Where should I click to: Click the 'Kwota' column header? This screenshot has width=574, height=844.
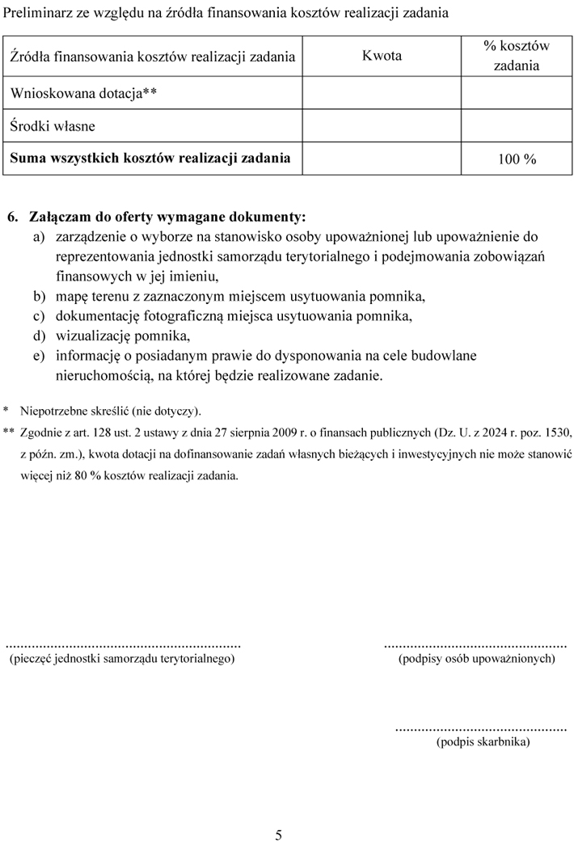(x=382, y=57)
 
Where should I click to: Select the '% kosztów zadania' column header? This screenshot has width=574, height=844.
(x=516, y=56)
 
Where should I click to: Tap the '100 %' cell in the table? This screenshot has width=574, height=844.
(x=517, y=159)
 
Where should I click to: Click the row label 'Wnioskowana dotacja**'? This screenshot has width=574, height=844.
(x=83, y=94)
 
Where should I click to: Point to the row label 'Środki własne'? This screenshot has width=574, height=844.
(x=53, y=126)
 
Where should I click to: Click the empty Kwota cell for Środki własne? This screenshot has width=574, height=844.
(x=382, y=126)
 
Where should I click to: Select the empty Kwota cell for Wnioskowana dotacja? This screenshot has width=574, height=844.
(x=382, y=94)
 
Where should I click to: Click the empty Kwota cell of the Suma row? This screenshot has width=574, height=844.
(x=382, y=158)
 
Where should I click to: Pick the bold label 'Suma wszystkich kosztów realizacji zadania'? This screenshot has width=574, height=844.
(x=150, y=158)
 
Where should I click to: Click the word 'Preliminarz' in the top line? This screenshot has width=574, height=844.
(x=38, y=13)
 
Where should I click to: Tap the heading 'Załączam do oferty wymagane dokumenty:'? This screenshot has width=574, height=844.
(x=167, y=217)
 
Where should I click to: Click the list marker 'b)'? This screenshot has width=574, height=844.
(x=39, y=296)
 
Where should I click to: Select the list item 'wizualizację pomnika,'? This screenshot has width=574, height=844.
(x=123, y=335)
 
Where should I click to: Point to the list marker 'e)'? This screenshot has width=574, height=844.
(x=39, y=356)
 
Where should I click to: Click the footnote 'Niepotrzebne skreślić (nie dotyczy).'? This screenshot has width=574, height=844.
(x=111, y=411)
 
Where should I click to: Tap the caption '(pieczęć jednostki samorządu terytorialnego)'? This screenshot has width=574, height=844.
(x=121, y=660)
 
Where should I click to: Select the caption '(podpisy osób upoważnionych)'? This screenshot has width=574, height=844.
(x=476, y=660)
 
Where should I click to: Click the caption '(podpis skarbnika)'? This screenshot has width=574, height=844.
(x=483, y=741)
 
